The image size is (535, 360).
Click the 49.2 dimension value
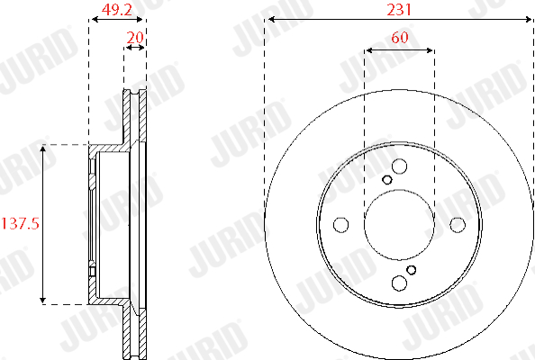(x=117, y=10)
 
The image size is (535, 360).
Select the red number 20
(x=135, y=37)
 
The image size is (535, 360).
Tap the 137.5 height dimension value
(x=21, y=223)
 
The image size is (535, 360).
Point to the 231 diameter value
(x=399, y=10)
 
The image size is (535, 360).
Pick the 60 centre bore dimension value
(x=400, y=37)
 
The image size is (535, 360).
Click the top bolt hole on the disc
(x=399, y=166)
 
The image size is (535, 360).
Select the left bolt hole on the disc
(x=340, y=225)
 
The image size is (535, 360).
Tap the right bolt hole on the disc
(x=458, y=225)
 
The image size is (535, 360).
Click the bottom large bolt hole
(x=399, y=283)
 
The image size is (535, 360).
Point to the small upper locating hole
(x=387, y=180)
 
